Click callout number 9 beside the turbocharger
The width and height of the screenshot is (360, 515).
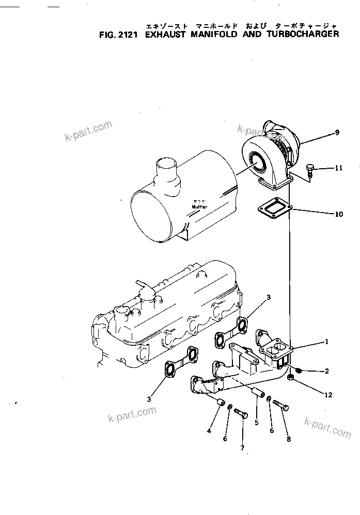pos(337,133)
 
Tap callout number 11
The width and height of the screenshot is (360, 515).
pos(339,168)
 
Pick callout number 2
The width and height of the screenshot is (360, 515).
pos(327,371)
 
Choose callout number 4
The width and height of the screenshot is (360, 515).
pos(209,430)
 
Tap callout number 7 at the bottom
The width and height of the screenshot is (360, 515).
pos(242,448)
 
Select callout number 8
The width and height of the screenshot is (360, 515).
pos(289,439)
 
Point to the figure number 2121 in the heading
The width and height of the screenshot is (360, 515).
pos(127,35)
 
